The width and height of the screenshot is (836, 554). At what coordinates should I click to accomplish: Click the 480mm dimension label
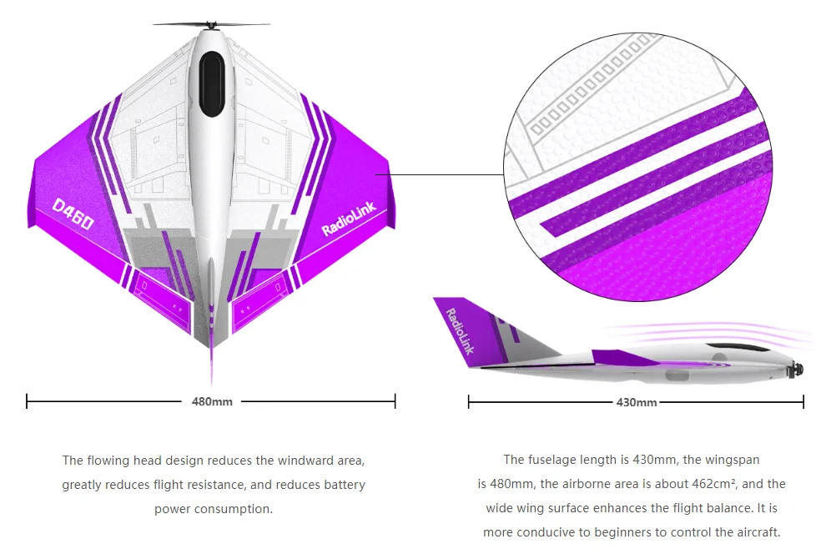[x=212, y=402]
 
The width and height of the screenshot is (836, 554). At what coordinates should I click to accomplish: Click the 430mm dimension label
[x=636, y=402]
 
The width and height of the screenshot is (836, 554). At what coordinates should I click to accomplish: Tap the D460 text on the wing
[x=72, y=214]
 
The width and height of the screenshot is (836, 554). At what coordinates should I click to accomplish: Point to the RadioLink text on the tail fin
[x=460, y=330]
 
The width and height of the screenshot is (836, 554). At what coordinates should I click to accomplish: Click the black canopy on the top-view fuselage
[x=211, y=83]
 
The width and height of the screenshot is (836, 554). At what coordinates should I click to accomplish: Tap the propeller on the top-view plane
[x=211, y=25]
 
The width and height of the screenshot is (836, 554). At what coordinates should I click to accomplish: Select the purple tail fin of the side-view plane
[x=457, y=328]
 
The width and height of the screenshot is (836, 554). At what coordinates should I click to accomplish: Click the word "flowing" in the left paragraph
[x=111, y=461]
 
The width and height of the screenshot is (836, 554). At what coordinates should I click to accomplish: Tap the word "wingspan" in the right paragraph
[x=734, y=460]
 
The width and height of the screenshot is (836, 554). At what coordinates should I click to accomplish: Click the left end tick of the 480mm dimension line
[x=28, y=402]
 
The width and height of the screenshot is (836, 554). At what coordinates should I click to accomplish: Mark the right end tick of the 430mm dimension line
[x=803, y=402]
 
